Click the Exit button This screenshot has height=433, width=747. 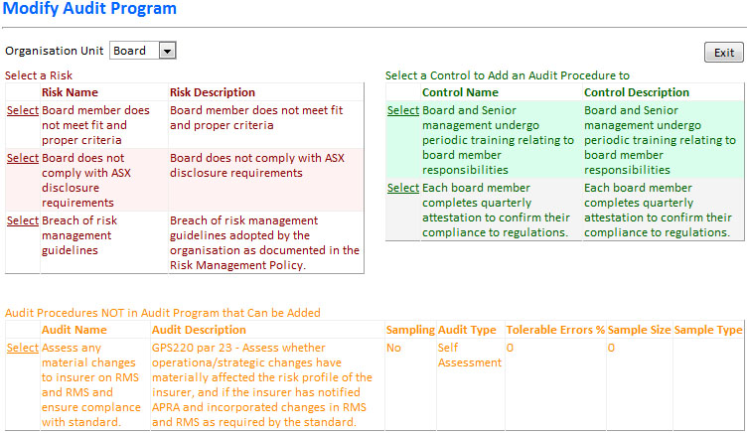[x=723, y=53]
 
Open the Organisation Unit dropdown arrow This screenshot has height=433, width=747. [x=167, y=51]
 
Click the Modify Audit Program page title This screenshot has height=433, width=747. [x=89, y=8]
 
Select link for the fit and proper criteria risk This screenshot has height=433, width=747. [x=23, y=110]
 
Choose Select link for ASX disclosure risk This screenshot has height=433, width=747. [x=23, y=158]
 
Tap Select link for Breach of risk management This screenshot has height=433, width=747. [x=23, y=220]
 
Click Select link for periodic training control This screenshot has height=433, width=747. [x=403, y=110]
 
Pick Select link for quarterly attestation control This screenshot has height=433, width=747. [x=403, y=188]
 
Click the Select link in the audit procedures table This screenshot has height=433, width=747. [x=23, y=348]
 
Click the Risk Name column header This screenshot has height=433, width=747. [x=70, y=92]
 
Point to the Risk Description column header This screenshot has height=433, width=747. [x=213, y=92]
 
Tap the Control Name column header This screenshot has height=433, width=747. [x=460, y=92]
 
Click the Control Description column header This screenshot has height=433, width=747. [x=637, y=92]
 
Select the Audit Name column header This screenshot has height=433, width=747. [x=74, y=330]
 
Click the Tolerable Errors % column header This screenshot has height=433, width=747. [x=555, y=330]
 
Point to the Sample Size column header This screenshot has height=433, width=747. [x=639, y=330]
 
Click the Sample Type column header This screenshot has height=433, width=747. [x=708, y=330]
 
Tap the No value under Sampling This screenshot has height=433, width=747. [x=393, y=348]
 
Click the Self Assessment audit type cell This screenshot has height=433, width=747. [x=469, y=355]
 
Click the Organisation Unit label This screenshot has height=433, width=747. [x=55, y=51]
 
